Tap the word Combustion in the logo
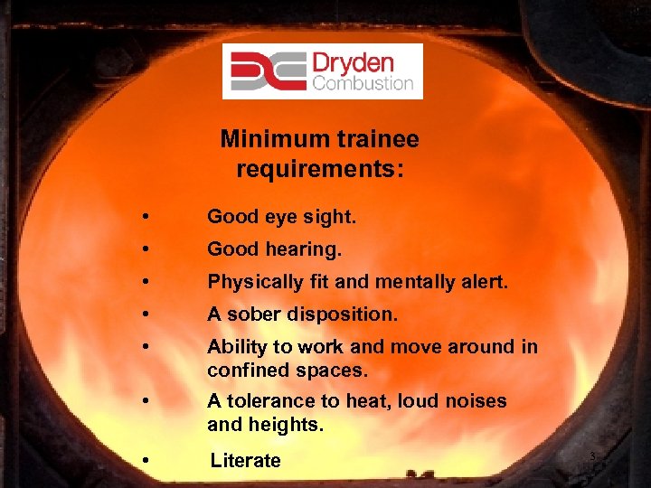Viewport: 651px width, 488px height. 363,84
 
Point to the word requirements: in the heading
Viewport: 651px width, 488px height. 319,169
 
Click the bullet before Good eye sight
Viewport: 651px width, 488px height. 145,218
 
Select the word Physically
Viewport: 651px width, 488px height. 255,282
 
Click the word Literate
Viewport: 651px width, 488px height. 246,461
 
